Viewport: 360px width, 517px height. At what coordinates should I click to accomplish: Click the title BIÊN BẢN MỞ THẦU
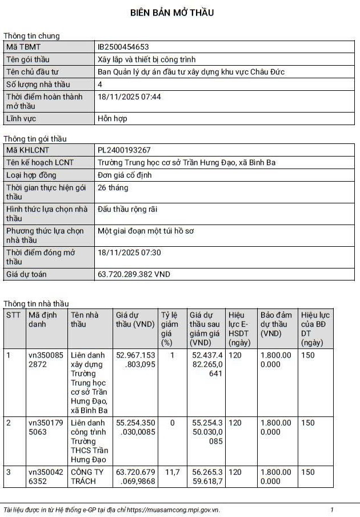(x=172, y=13)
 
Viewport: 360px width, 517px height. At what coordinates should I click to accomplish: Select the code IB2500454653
(x=123, y=47)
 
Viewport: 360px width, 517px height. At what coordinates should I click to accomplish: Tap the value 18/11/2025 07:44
(x=129, y=97)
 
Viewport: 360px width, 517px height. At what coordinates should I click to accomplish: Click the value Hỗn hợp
(x=113, y=119)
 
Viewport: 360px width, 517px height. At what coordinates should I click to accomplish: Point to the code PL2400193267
(x=124, y=150)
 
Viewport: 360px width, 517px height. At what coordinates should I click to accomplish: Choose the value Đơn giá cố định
(x=125, y=175)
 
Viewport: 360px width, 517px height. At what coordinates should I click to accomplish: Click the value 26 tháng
(x=113, y=188)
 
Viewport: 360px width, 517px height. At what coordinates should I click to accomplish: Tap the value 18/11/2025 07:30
(x=129, y=253)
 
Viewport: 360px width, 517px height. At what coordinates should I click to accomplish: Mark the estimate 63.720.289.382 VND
(x=134, y=274)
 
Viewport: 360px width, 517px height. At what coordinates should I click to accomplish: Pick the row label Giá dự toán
(x=26, y=274)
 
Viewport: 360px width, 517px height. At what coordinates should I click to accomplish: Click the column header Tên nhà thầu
(x=85, y=319)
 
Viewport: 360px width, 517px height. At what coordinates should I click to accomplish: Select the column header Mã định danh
(x=43, y=319)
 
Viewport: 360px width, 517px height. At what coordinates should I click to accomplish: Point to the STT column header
(x=13, y=315)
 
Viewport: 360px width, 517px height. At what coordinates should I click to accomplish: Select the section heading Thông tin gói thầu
(x=35, y=139)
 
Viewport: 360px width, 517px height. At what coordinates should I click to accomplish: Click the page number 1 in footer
(x=332, y=510)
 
